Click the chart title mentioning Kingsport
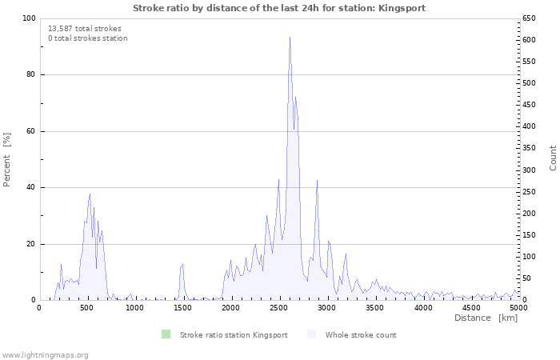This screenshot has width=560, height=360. click(x=279, y=7)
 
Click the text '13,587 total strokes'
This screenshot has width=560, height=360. click(x=85, y=28)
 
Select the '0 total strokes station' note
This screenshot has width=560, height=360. click(x=87, y=38)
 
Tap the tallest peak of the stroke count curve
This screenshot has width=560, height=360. click(x=290, y=38)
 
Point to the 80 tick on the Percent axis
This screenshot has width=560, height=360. click(x=31, y=74)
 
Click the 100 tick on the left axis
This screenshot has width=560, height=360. click(x=29, y=18)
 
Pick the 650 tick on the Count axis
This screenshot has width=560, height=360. click(x=530, y=18)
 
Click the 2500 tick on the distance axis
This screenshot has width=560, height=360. click(x=279, y=307)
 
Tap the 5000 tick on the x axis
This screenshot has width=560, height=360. click(x=518, y=307)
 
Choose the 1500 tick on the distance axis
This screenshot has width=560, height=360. click(x=183, y=307)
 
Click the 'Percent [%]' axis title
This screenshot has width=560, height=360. click(x=7, y=159)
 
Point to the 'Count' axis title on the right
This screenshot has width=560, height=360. click(x=553, y=158)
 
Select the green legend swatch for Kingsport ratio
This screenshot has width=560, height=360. click(x=166, y=334)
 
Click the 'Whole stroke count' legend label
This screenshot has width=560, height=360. click(x=360, y=334)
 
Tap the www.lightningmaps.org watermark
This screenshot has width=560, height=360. click(x=45, y=354)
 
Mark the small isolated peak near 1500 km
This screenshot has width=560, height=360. click(x=182, y=264)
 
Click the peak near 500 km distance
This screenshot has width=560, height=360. click(x=90, y=194)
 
